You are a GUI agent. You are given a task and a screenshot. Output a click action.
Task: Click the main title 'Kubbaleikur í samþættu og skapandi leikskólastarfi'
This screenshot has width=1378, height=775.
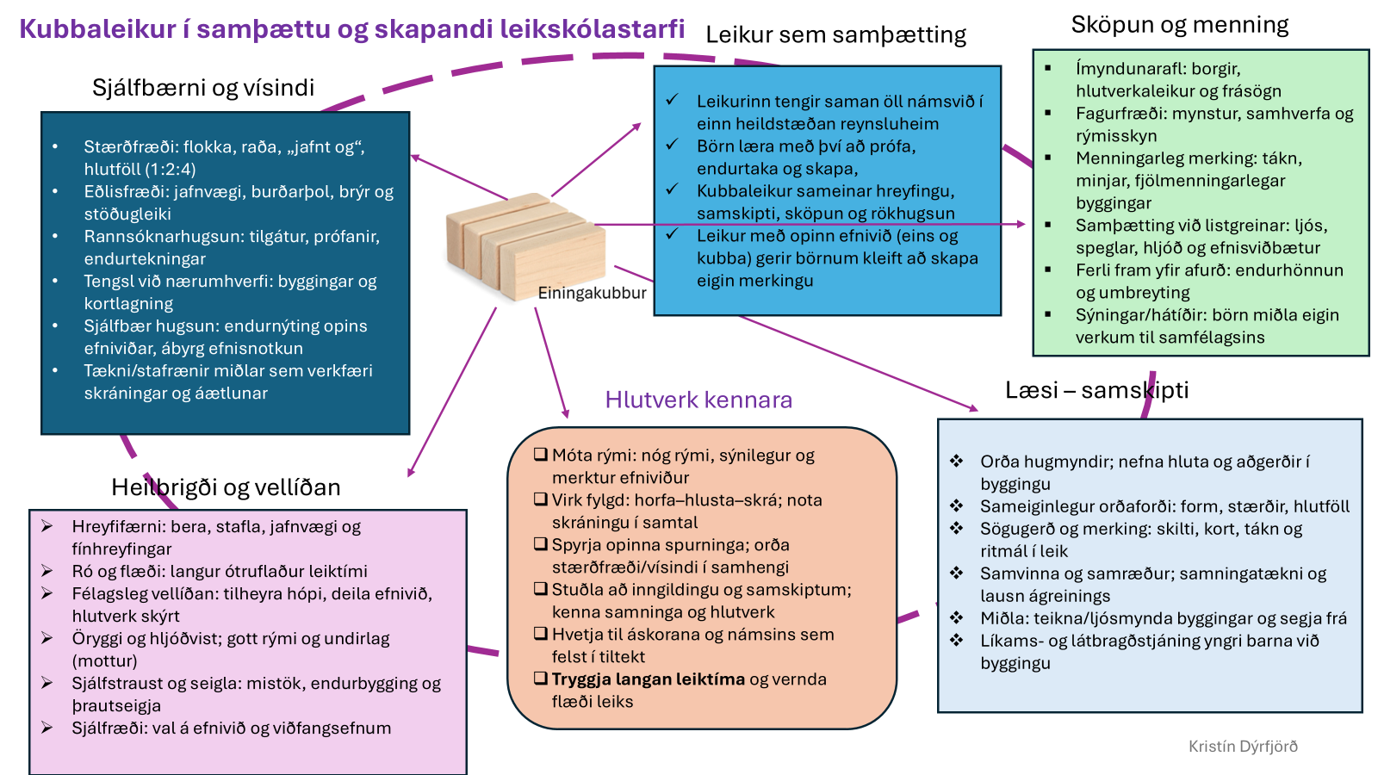(x=351, y=29)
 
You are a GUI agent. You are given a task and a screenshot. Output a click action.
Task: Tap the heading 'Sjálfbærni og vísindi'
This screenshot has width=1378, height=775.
(x=203, y=87)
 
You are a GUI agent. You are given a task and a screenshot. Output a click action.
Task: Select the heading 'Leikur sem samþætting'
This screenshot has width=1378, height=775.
(x=835, y=34)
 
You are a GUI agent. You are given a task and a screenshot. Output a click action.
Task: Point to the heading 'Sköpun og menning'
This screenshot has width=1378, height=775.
(x=1179, y=25)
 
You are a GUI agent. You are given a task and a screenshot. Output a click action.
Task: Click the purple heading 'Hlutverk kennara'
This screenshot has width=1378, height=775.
(x=698, y=400)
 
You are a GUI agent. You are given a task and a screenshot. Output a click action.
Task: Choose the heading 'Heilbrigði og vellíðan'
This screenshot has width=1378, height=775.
(x=226, y=487)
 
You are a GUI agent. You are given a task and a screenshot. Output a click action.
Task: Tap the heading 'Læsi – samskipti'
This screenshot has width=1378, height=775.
(x=1096, y=390)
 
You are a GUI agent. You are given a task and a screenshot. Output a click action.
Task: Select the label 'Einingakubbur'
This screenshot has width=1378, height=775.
(x=592, y=293)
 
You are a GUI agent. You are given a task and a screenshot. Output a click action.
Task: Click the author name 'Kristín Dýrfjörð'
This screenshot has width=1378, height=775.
(x=1243, y=747)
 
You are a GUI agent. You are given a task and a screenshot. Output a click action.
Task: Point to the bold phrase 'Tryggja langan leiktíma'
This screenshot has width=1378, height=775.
(x=648, y=679)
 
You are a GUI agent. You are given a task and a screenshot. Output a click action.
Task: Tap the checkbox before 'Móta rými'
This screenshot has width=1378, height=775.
(x=541, y=455)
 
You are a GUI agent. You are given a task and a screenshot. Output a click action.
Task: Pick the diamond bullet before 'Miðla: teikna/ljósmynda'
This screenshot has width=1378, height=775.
(x=956, y=617)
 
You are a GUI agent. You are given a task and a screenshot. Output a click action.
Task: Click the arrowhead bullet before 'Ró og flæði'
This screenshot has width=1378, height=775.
(x=47, y=571)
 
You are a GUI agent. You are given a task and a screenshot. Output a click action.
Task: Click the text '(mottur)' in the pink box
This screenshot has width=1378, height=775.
(x=104, y=661)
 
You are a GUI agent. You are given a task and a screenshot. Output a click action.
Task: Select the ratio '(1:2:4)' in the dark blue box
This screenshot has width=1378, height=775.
(x=170, y=170)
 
